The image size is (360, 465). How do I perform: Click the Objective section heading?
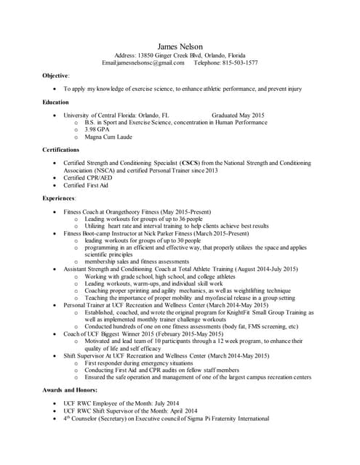pyautogui.click(x=56, y=75)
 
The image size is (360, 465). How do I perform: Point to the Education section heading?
pyautogui.click(x=56, y=102)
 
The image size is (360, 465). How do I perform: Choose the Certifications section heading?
pyautogui.click(x=61, y=150)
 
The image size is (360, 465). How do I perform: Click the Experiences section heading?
pyautogui.click(x=59, y=198)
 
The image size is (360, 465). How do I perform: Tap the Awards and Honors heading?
pyautogui.click(x=71, y=390)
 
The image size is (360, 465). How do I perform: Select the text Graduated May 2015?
pyautogui.click(x=238, y=116)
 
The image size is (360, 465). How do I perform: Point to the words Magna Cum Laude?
pyautogui.click(x=108, y=137)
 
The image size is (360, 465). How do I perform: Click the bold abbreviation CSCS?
pyautogui.click(x=191, y=163)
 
